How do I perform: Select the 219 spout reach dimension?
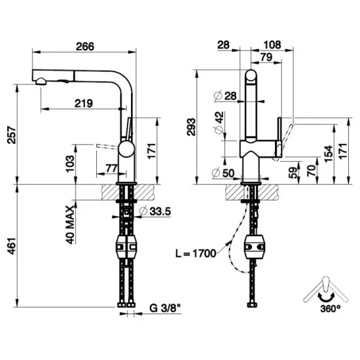click(x=82, y=103)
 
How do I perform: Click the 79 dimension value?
click(x=266, y=58)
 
